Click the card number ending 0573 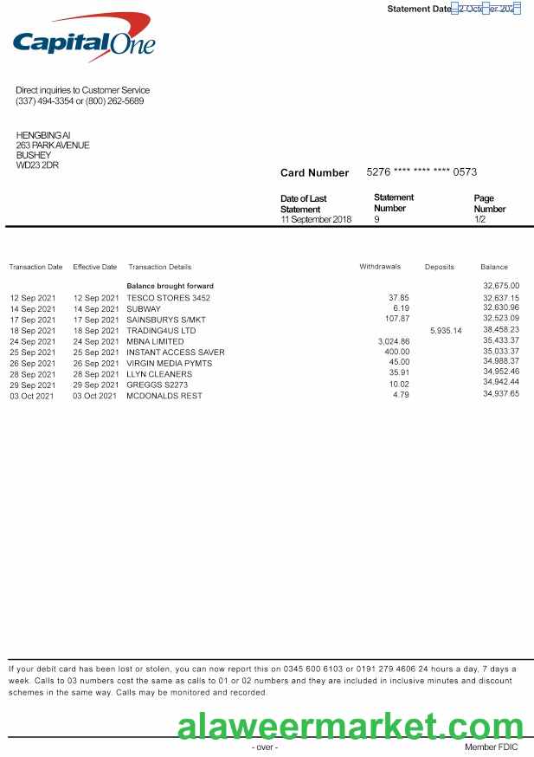(421, 172)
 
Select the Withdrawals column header (380, 267)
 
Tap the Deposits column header (439, 267)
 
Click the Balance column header (494, 267)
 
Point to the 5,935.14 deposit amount (446, 331)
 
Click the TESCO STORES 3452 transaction (168, 298)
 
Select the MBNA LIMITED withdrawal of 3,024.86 (394, 341)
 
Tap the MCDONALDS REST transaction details (164, 395)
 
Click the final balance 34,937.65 (501, 394)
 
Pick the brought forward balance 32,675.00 (501, 286)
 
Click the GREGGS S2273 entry (157, 385)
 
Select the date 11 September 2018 (316, 220)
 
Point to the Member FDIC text (491, 747)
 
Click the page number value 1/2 (480, 220)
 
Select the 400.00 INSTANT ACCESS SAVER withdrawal (397, 353)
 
